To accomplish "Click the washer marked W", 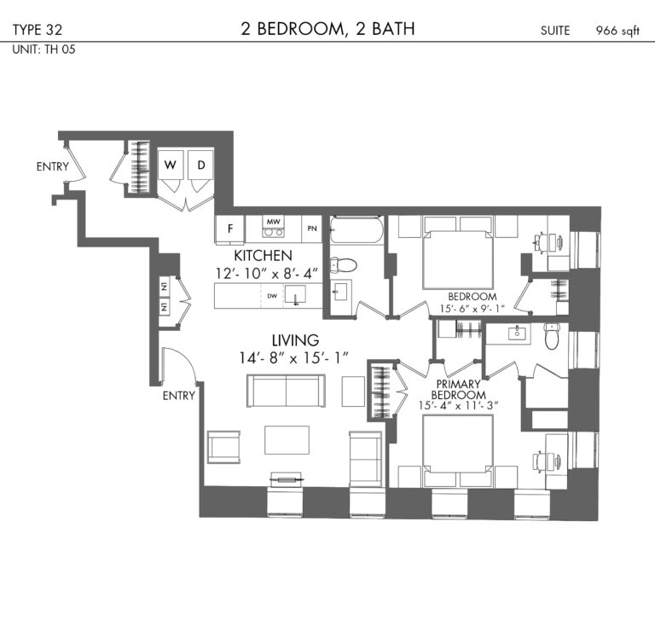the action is point(170,165).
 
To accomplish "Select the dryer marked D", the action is point(201,165).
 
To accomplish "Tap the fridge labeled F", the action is point(229,229).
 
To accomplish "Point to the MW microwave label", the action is point(273,222).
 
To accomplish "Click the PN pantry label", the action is point(312,229).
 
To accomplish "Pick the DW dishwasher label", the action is point(272,296).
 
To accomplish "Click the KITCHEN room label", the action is point(263,256).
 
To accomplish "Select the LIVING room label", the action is point(295,340).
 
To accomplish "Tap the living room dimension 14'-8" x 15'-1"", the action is point(293,358).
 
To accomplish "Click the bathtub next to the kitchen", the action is point(356,229).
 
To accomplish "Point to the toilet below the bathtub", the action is point(344,264).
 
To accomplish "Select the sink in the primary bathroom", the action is point(518,333).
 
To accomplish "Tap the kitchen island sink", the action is point(295,294).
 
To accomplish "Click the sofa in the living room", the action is point(287,391).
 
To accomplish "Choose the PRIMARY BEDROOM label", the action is point(458,389).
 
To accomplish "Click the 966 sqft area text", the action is point(617,31).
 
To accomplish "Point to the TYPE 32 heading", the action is point(38,30).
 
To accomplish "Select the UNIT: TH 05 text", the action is point(43,49).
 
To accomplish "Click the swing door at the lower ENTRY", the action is point(180,364).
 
